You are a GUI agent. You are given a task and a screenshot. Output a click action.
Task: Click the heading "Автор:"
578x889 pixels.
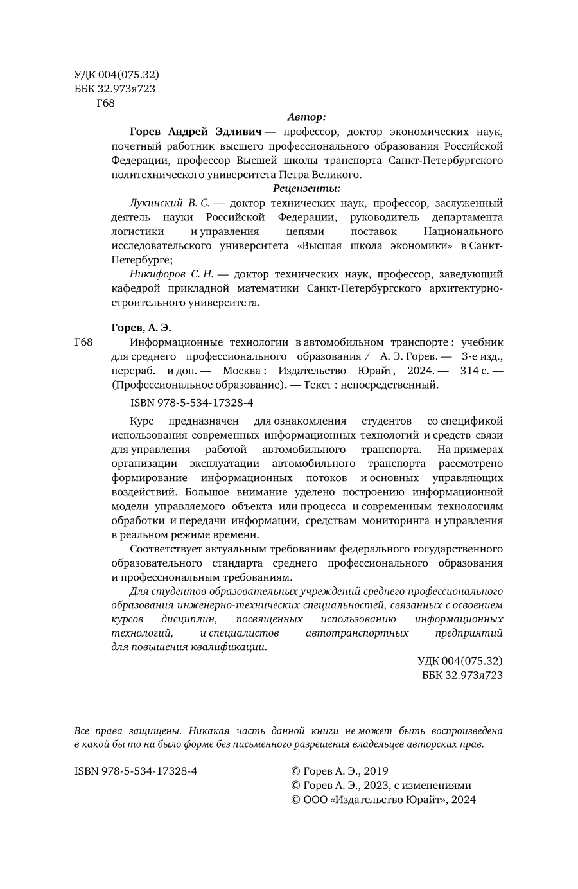(306, 117)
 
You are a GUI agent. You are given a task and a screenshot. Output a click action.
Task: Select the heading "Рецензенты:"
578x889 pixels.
(306, 188)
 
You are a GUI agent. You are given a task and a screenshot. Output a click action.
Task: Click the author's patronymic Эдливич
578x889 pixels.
(238, 132)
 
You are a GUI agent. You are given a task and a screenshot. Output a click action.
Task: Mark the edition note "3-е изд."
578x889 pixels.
(482, 356)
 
